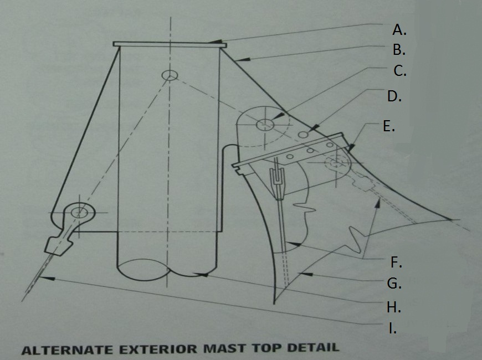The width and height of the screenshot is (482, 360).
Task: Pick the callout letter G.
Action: pyautogui.click(x=393, y=284)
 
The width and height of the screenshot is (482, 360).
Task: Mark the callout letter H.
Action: pyautogui.click(x=393, y=306)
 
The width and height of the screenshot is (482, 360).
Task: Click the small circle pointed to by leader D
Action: pyautogui.click(x=303, y=134)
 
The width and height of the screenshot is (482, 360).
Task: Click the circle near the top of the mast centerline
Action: pyautogui.click(x=169, y=75)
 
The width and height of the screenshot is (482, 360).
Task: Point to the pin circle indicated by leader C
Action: pyautogui.click(x=264, y=125)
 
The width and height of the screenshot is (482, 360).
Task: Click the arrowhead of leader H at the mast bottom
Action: pyautogui.click(x=203, y=274)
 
